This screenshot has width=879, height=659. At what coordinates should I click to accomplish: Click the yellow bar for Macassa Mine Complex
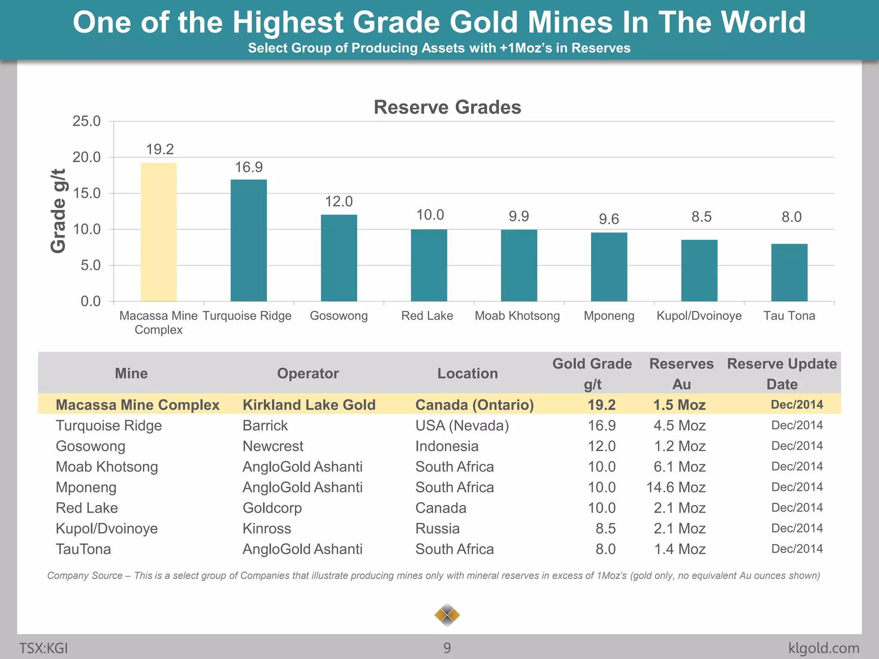159,232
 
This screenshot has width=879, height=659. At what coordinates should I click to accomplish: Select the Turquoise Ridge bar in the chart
249,240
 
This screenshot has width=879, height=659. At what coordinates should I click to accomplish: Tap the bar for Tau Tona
789,272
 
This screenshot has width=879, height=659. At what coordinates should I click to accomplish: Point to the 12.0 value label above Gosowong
339,201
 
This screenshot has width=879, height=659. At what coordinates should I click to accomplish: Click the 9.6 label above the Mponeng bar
609,219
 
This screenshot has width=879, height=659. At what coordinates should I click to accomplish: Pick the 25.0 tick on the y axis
87,121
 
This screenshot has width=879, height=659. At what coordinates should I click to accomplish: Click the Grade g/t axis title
58,211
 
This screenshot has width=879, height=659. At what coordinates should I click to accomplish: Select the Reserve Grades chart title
447,107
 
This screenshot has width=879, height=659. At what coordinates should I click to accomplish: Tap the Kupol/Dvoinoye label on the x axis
699,316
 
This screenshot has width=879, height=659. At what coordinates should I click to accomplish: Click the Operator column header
308,373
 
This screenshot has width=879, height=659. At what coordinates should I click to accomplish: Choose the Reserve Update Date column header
782,374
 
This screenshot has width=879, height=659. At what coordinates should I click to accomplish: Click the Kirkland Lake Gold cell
309,405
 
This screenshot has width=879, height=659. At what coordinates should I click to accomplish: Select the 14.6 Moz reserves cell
676,487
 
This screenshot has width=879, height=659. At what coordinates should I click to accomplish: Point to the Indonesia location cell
446,446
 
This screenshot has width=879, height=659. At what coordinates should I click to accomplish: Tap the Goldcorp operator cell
272,508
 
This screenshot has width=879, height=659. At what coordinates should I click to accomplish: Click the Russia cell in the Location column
437,529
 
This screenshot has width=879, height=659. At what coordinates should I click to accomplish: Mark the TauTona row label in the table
83,549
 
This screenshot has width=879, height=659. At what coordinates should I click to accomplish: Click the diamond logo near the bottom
447,615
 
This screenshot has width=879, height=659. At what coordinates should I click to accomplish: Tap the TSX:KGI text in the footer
43,648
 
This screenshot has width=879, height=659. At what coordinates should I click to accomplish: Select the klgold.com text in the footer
824,648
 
